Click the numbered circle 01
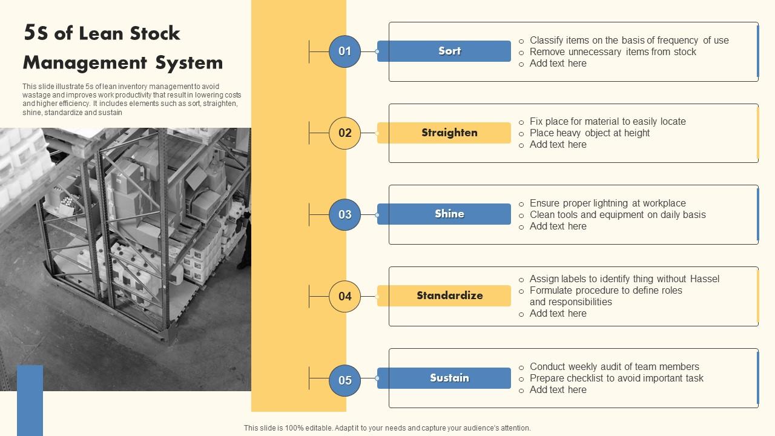(345, 51)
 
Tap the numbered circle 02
(345, 133)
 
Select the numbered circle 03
(345, 214)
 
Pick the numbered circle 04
(345, 296)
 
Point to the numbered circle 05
(345, 380)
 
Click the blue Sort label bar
(444, 51)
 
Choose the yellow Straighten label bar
(444, 133)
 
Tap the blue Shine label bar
(444, 214)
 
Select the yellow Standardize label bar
(444, 296)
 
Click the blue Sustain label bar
(444, 378)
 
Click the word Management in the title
(85, 63)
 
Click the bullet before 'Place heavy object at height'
(521, 134)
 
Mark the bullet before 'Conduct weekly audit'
(521, 368)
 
